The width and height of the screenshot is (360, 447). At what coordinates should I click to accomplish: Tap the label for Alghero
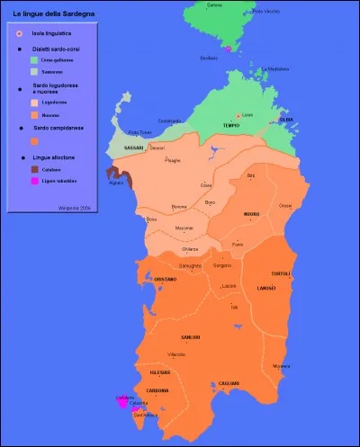(116, 181)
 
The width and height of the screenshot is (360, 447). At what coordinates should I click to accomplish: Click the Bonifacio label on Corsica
(209, 57)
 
